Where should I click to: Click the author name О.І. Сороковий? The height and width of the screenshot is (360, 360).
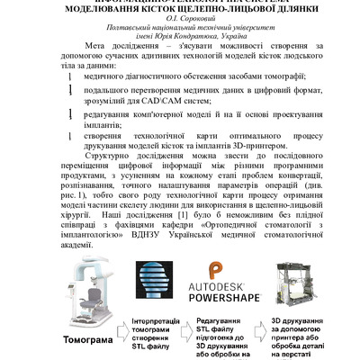tap(179, 18)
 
